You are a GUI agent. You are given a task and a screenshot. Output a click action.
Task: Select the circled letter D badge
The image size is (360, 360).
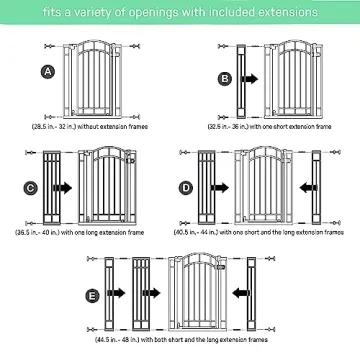pyautogui.click(x=186, y=186)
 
